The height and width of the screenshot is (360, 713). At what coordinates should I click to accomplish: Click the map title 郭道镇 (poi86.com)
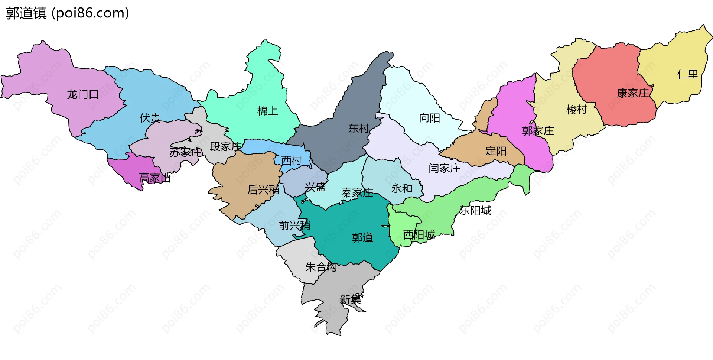(x=68, y=13)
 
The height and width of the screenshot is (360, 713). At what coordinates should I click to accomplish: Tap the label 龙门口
(x=82, y=95)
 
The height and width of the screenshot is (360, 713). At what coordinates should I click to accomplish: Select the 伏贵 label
(x=150, y=118)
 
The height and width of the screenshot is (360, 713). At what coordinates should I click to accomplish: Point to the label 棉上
(x=268, y=111)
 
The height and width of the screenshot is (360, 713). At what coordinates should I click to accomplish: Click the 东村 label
(x=358, y=129)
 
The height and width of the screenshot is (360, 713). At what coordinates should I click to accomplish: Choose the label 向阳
(x=430, y=118)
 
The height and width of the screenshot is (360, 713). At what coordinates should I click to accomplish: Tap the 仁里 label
(x=688, y=74)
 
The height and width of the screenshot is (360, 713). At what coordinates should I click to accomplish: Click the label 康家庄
(x=633, y=93)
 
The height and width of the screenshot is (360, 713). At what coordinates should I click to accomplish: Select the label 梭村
(x=576, y=110)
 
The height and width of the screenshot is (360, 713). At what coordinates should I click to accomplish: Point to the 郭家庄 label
(x=538, y=131)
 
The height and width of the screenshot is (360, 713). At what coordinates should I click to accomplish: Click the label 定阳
(x=496, y=151)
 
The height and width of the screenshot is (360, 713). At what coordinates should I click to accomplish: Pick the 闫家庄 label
(x=445, y=169)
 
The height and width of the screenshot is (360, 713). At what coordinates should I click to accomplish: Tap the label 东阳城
(x=475, y=211)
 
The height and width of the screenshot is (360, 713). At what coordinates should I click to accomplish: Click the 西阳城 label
(x=419, y=235)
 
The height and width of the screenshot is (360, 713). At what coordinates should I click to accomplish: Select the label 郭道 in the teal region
(x=362, y=238)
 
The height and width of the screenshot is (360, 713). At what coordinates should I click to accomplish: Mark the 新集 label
(x=350, y=299)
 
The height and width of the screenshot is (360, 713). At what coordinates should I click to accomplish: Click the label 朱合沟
(x=321, y=267)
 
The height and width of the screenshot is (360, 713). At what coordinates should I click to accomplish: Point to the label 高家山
(x=155, y=178)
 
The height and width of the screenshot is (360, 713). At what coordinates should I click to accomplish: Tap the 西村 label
(x=292, y=161)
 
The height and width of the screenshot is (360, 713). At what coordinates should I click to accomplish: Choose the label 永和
(x=402, y=189)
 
